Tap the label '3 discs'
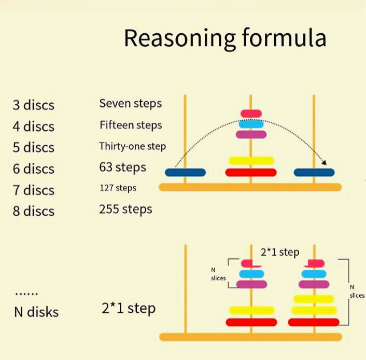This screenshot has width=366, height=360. [33, 105]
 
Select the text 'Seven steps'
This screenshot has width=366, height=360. [130, 103]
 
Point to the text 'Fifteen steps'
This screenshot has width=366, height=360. [131, 125]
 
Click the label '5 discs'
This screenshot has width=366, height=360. [33, 147]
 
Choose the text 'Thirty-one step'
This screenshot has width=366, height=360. [132, 146]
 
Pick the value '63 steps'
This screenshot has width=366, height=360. [122, 168]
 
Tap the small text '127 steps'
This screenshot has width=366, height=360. [118, 188]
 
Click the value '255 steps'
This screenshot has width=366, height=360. [125, 209]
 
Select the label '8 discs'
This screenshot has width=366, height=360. [33, 211]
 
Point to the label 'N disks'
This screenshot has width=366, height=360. [36, 312]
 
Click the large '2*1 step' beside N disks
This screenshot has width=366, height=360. [129, 309]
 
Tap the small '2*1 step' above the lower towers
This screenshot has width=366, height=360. [280, 252]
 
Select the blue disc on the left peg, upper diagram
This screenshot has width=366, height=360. [185, 172]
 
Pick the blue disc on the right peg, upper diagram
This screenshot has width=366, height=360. [314, 172]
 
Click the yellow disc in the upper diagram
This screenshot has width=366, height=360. [251, 161]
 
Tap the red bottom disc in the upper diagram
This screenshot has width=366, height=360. [251, 172]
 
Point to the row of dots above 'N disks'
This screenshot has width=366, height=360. [26, 294]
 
